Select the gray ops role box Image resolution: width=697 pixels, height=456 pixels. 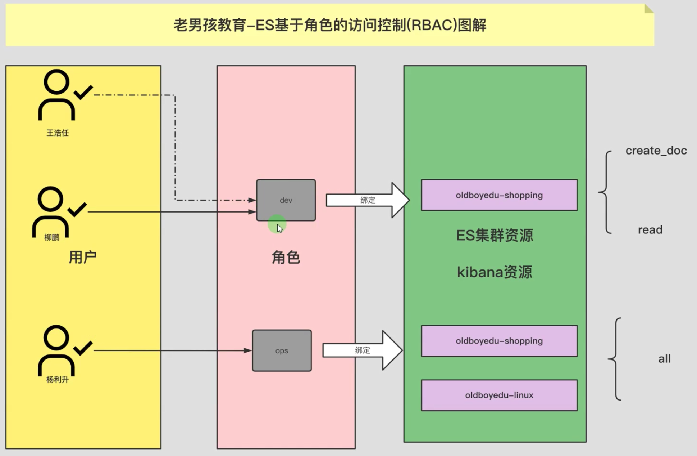[282, 350]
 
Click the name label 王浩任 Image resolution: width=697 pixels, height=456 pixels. [58, 133]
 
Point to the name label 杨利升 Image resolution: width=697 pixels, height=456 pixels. [58, 380]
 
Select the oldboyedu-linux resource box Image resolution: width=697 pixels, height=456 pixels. [499, 395]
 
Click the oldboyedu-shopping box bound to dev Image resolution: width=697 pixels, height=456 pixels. [499, 195]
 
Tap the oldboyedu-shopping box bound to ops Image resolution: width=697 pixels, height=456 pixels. [499, 341]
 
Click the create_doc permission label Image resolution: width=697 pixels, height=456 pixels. [656, 151]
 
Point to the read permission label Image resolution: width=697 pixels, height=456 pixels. [650, 230]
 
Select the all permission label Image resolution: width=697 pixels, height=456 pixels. [664, 359]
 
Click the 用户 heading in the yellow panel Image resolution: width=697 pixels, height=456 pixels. [83, 257]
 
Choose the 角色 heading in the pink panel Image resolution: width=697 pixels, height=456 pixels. [286, 258]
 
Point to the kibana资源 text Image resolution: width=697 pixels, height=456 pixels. [495, 272]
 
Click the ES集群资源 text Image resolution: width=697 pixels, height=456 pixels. [495, 236]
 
